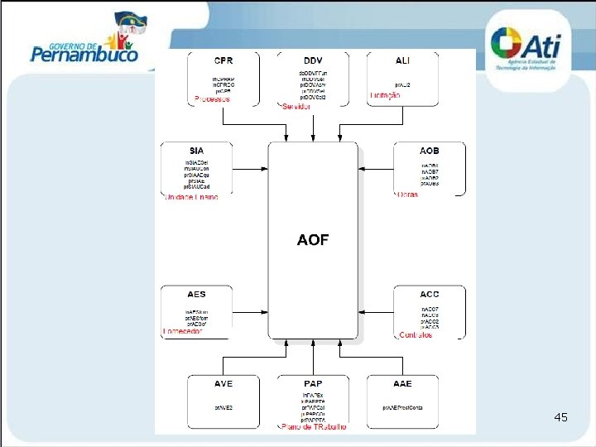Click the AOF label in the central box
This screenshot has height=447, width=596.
(313, 240)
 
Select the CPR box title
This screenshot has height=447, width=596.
(223, 60)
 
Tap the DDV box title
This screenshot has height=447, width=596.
(313, 60)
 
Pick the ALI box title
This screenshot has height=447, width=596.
(403, 60)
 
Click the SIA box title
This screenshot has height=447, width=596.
(196, 150)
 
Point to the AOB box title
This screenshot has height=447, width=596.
(430, 151)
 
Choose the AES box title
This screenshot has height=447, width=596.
(196, 295)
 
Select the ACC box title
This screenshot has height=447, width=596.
(430, 295)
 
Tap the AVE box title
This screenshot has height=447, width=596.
(223, 384)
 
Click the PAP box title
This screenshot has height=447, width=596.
(313, 384)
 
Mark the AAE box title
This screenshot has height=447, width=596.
(403, 384)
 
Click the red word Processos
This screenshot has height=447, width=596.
(212, 99)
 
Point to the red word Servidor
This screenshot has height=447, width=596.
(296, 107)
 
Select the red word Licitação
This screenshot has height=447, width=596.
(386, 95)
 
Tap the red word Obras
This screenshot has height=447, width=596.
(407, 195)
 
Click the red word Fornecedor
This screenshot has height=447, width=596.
(184, 331)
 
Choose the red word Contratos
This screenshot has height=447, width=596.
(414, 335)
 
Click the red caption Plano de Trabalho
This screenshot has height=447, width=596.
(315, 427)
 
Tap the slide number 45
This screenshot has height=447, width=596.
(560, 417)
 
